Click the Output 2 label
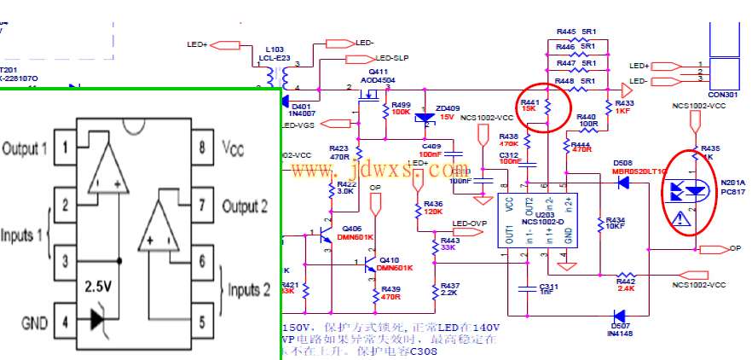(x=246, y=206)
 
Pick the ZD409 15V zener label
(x=448, y=112)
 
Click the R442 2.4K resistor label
(x=625, y=283)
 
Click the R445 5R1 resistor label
(x=576, y=32)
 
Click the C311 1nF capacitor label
(x=548, y=288)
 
